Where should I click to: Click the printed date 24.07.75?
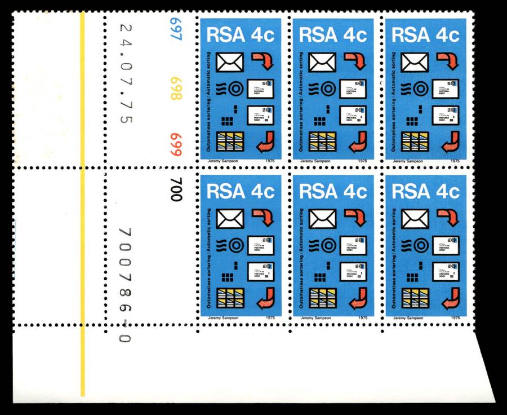[x=125, y=73]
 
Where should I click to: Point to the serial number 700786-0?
[x=125, y=285]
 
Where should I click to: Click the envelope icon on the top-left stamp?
[x=229, y=62]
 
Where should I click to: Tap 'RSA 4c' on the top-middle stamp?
[x=333, y=36]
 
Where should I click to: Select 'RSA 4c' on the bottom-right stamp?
[x=426, y=192]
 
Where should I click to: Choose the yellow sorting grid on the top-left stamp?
[x=230, y=141]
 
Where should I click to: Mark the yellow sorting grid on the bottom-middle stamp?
[x=322, y=297]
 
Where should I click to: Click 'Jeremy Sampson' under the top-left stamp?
[x=225, y=161]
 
